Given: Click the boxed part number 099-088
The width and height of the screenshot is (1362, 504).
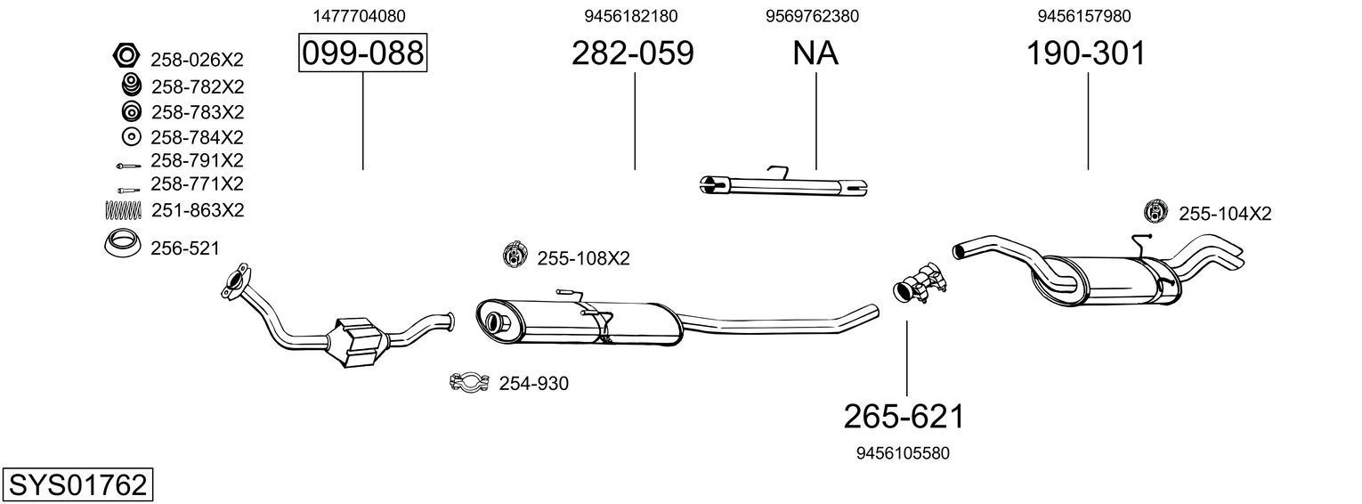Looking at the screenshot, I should (362, 53).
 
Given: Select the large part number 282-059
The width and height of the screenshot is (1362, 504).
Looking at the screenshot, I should (632, 53).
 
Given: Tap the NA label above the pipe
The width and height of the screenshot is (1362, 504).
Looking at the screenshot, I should (815, 53).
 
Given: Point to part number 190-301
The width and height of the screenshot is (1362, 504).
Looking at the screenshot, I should (1086, 53).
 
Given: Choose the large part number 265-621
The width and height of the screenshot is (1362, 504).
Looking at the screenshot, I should (904, 416).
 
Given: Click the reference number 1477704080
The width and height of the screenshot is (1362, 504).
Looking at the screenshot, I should (360, 16).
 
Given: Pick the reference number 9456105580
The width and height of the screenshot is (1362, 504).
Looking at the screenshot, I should (903, 453).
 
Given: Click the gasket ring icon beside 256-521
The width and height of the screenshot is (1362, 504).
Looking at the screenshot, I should (124, 243).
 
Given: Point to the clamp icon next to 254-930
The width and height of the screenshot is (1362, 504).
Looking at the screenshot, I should (469, 384).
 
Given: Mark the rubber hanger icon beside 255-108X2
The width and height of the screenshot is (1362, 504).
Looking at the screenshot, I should (515, 256).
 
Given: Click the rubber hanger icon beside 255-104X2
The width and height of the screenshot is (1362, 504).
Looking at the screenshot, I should (1155, 212).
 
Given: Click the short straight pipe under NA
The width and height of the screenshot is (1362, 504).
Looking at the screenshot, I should (783, 185).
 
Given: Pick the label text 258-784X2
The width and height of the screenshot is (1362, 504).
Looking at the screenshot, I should (197, 137).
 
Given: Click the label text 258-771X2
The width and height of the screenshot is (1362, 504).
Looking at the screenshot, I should (197, 184).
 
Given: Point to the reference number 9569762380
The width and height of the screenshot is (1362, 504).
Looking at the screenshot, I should (813, 16).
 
